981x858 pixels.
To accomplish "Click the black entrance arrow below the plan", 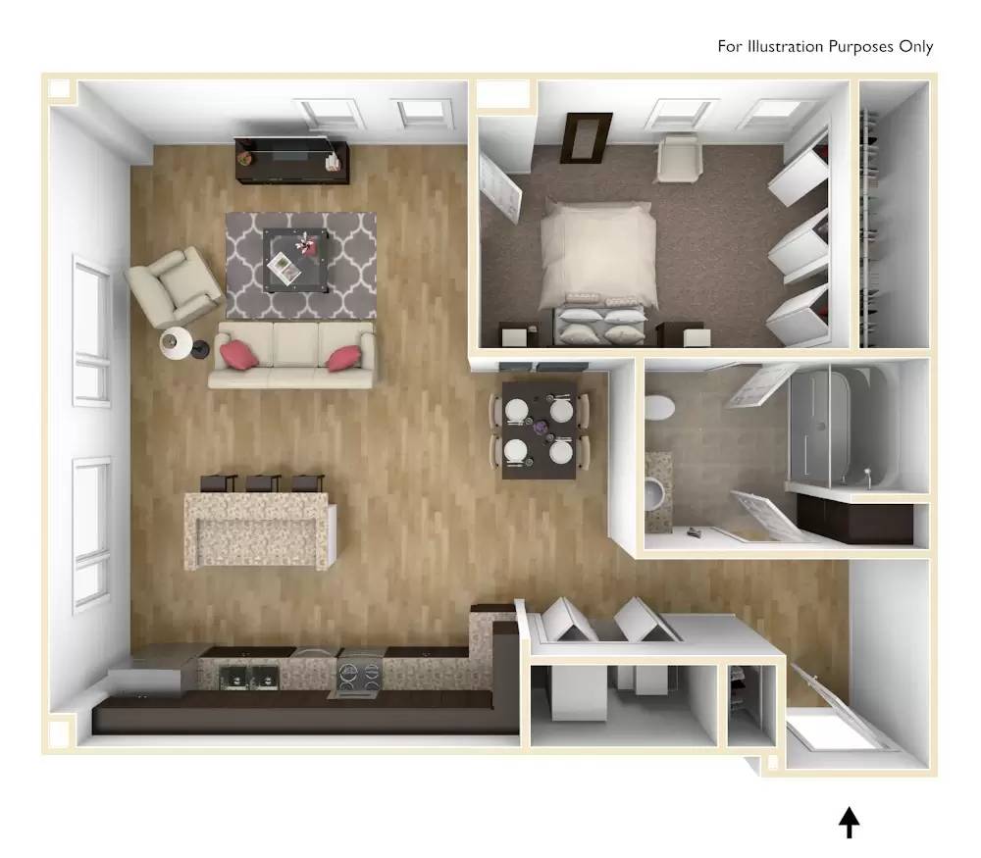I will [x=850, y=823].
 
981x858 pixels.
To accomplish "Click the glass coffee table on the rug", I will [x=295, y=258].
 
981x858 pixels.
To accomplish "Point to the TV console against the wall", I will [x=292, y=161].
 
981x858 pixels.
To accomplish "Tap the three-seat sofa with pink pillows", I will [x=293, y=355].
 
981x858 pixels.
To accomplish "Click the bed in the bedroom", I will [x=597, y=260].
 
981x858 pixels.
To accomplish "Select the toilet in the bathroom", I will [x=660, y=405].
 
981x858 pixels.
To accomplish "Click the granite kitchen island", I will [x=260, y=530].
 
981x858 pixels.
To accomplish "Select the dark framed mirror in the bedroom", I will [x=587, y=137].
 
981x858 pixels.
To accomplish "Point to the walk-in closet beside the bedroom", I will [x=893, y=216].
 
